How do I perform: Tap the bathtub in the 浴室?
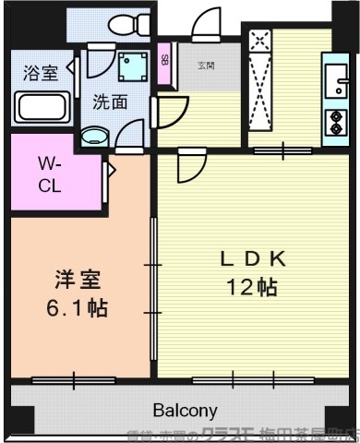point(41,107)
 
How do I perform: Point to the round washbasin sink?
point(95,138)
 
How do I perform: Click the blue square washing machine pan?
point(132,66)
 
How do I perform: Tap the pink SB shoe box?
point(164,62)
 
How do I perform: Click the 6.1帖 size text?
point(77,307)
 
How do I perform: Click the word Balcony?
point(185,410)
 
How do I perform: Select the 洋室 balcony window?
point(73,379)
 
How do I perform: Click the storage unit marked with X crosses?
point(259,85)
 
